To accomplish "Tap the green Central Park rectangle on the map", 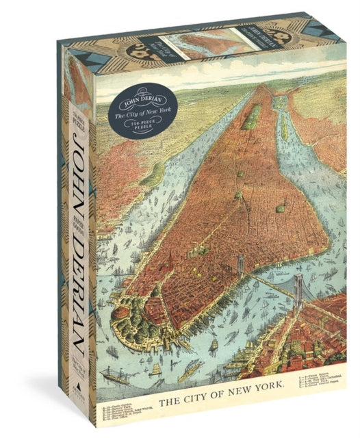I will pyautogui.click(x=250, y=109).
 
